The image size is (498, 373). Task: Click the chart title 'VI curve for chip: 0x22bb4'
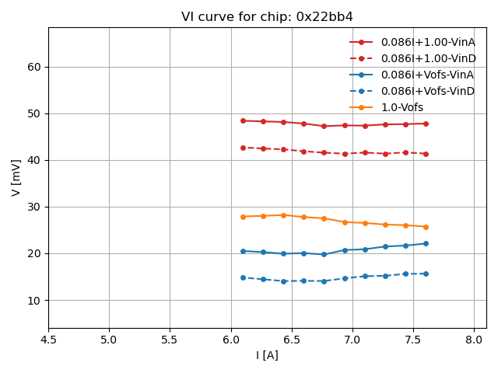click(267, 17)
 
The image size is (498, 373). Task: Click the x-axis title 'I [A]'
click(267, 355)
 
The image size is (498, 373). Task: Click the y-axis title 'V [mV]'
click(16, 177)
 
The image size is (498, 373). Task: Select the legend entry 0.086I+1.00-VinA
click(428, 42)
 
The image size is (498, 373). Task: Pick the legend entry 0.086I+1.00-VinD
click(428, 58)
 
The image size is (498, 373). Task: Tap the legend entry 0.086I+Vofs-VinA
click(428, 75)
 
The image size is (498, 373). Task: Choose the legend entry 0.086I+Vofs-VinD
click(428, 91)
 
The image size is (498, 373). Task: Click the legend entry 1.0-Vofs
click(402, 107)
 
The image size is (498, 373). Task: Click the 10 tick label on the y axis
click(35, 300)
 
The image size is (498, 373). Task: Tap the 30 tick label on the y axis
click(35, 207)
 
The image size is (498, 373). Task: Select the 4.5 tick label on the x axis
click(48, 340)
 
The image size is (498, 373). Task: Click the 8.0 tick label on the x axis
click(474, 340)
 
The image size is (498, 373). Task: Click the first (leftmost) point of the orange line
click(243, 217)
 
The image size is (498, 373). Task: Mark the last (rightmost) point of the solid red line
click(426, 124)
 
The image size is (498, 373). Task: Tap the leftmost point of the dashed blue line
click(243, 277)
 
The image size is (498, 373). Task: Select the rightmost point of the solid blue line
click(426, 243)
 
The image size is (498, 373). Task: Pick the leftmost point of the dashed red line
click(243, 148)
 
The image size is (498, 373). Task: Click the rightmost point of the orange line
click(426, 227)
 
